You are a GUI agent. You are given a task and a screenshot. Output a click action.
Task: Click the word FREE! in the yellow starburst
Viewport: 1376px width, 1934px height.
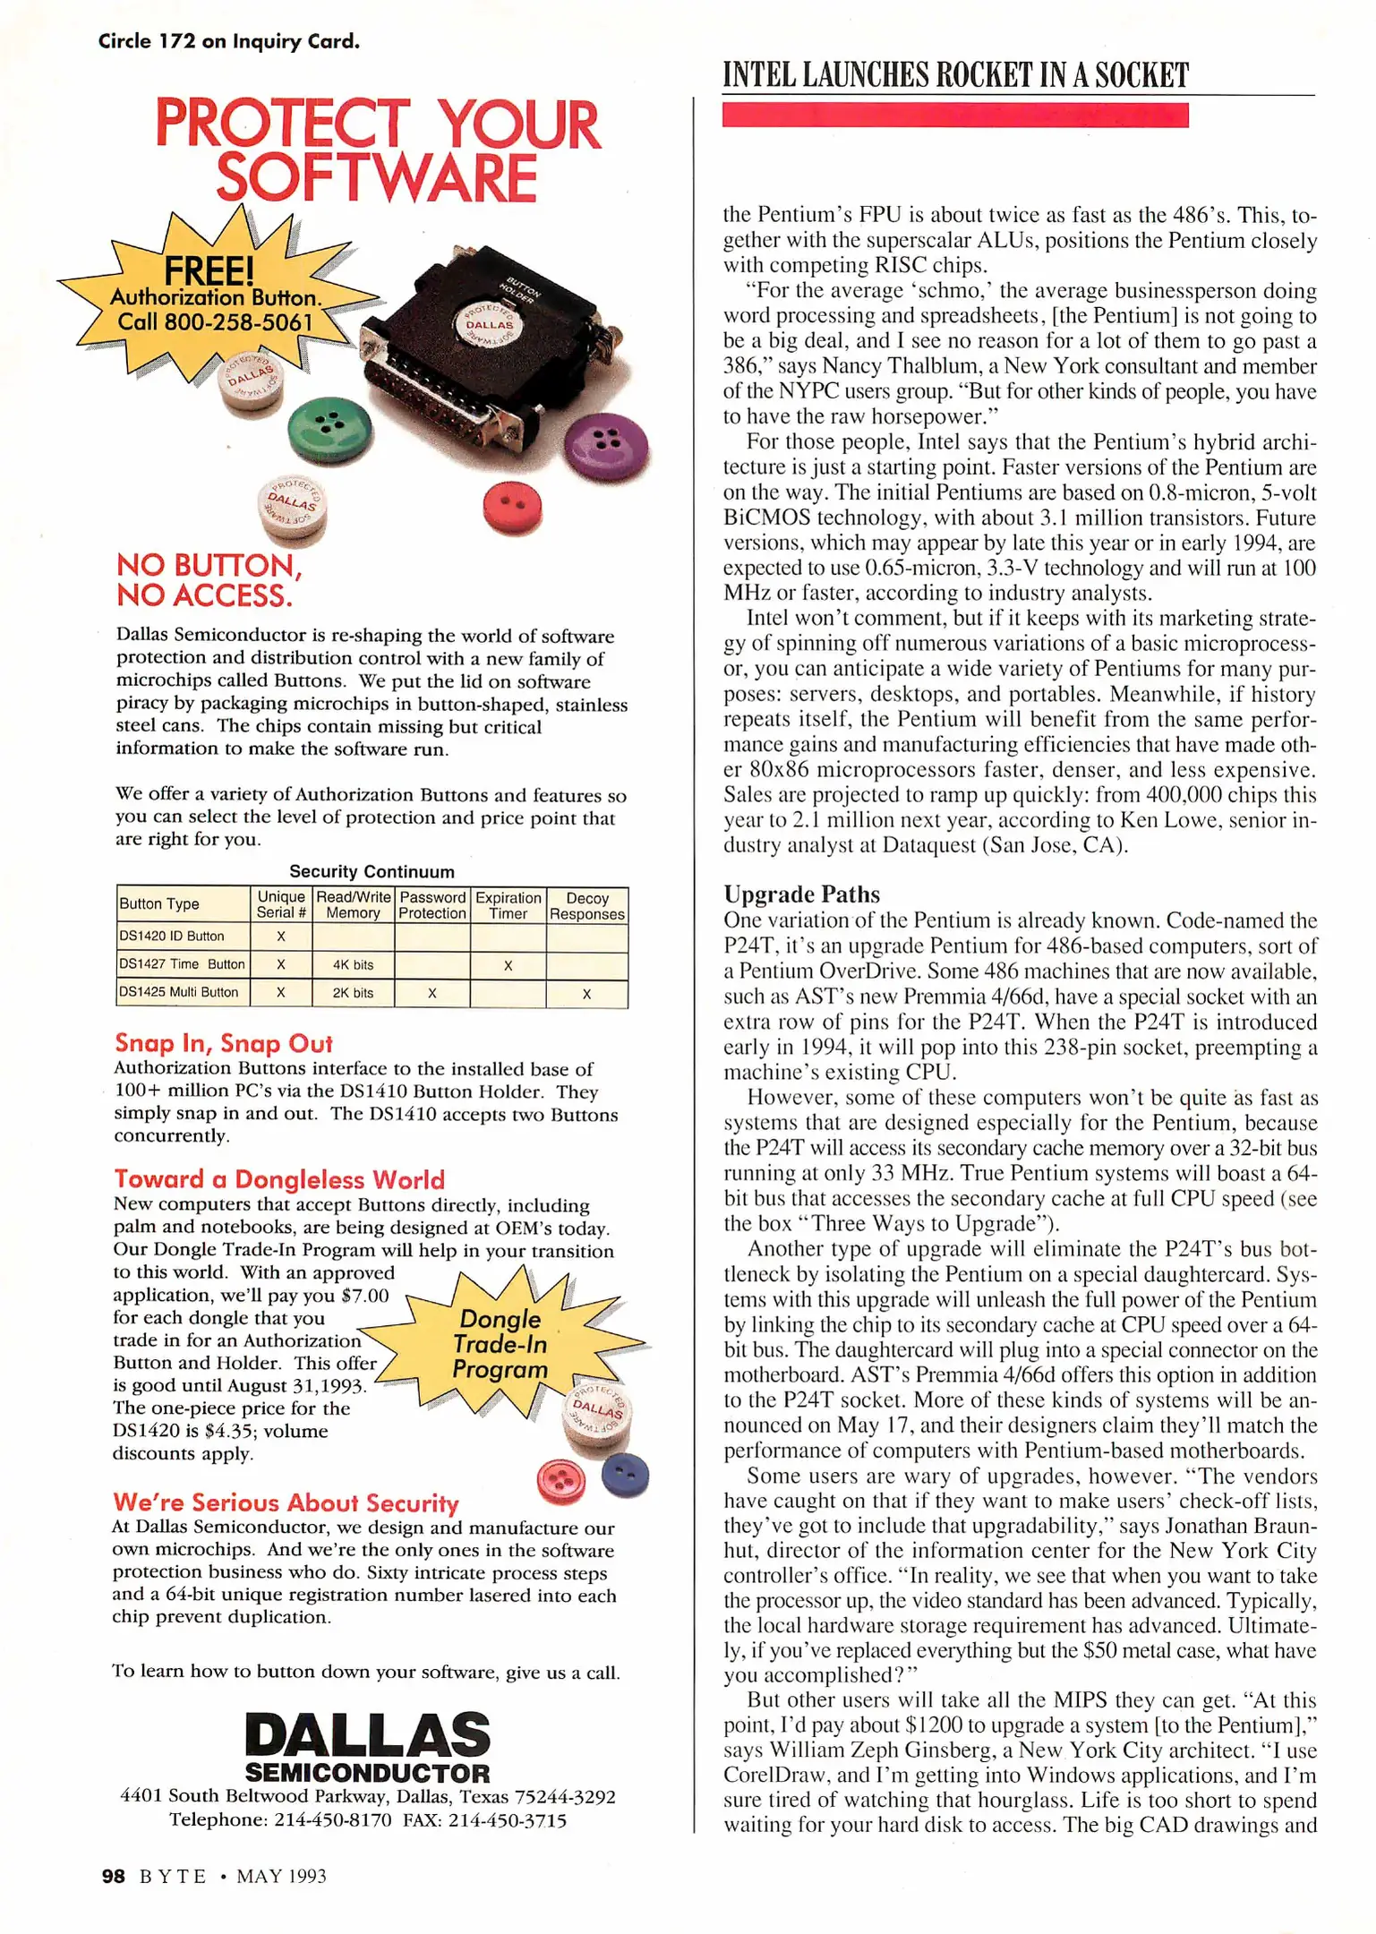pyautogui.click(x=209, y=270)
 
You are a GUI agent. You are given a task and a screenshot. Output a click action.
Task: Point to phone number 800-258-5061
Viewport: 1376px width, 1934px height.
pyautogui.click(x=239, y=322)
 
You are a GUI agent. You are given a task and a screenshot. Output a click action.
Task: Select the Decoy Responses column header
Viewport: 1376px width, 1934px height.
pyautogui.click(x=586, y=905)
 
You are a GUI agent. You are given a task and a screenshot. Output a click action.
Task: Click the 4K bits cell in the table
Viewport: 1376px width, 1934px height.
pyautogui.click(x=353, y=964)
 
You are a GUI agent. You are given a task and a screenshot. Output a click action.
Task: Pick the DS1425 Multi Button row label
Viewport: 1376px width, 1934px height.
pyautogui.click(x=180, y=992)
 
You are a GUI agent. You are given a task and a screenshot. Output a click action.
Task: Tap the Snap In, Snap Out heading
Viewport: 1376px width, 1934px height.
pyautogui.click(x=224, y=1043)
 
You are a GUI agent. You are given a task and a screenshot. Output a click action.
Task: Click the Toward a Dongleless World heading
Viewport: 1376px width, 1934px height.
pyautogui.click(x=279, y=1179)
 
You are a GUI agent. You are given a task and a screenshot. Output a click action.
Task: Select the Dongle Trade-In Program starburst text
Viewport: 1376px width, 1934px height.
pyautogui.click(x=500, y=1344)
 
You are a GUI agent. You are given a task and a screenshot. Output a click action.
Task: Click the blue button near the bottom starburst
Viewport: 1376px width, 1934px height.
pyautogui.click(x=625, y=1476)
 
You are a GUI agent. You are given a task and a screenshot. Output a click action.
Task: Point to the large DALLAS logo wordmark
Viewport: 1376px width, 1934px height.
pyautogui.click(x=368, y=1734)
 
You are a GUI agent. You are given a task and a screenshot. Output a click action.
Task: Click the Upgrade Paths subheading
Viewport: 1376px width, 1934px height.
pyautogui.click(x=801, y=894)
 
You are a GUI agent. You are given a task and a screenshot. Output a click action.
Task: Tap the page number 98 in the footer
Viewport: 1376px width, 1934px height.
pyautogui.click(x=113, y=1876)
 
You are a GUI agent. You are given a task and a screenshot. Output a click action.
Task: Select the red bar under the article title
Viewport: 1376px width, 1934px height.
pyautogui.click(x=954, y=116)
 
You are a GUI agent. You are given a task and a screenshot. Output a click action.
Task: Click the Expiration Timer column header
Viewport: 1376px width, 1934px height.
pyautogui.click(x=508, y=905)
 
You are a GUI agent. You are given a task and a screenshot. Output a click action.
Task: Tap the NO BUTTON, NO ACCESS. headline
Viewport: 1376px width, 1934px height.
pyautogui.click(x=209, y=580)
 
